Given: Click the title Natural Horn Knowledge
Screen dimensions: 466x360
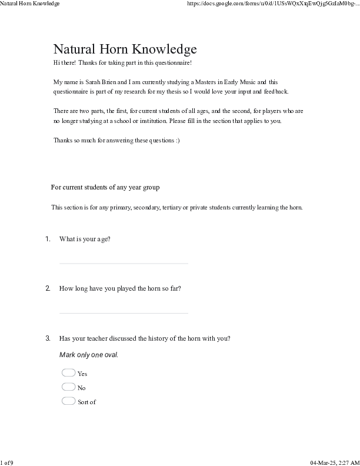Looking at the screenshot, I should coord(125,49).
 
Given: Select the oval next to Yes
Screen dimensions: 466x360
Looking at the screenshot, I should coord(68,372).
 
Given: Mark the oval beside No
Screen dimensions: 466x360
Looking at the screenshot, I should coord(68,387).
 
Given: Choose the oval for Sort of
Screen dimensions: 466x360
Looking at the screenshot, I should coord(68,401).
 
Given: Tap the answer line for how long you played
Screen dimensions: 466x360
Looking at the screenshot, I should coord(124,312).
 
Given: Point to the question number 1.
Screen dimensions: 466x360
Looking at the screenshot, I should coord(48,239).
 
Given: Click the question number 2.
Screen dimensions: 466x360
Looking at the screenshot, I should coord(48,289).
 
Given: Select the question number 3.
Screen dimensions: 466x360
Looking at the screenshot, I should coord(48,338).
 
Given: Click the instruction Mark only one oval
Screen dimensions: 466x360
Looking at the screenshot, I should coord(89,355).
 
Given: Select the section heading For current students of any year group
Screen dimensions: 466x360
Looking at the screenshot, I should coord(105,187).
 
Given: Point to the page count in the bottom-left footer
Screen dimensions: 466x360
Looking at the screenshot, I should coord(7,462).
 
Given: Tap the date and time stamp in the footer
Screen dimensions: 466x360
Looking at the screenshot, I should coord(334,462).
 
